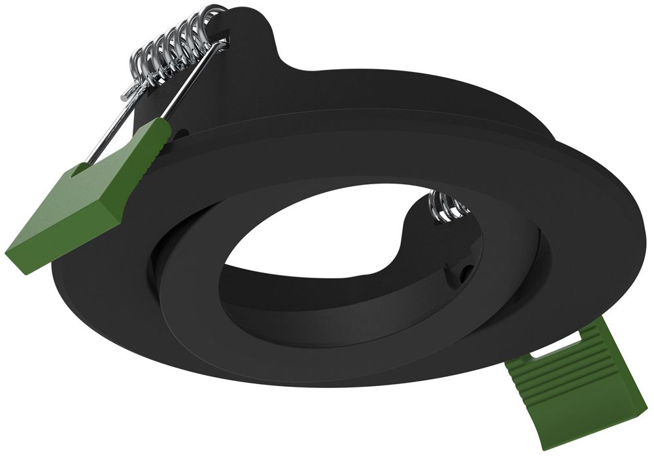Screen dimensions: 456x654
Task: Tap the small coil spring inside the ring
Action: pyautogui.click(x=448, y=206)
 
